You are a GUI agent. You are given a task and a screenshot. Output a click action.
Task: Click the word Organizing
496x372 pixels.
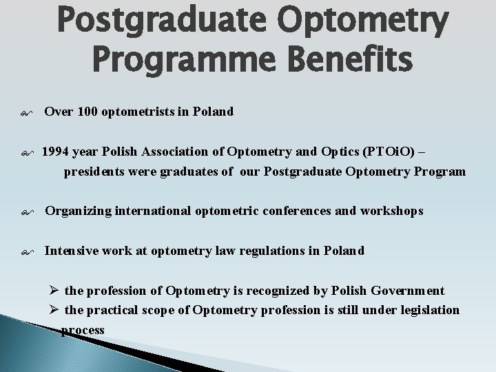(x=77, y=211)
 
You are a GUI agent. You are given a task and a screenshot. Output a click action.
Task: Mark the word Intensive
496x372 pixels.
(x=71, y=251)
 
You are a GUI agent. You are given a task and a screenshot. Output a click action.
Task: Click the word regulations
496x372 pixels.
(x=265, y=251)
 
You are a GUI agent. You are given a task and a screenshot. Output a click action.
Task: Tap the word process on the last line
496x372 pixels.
(x=83, y=330)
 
